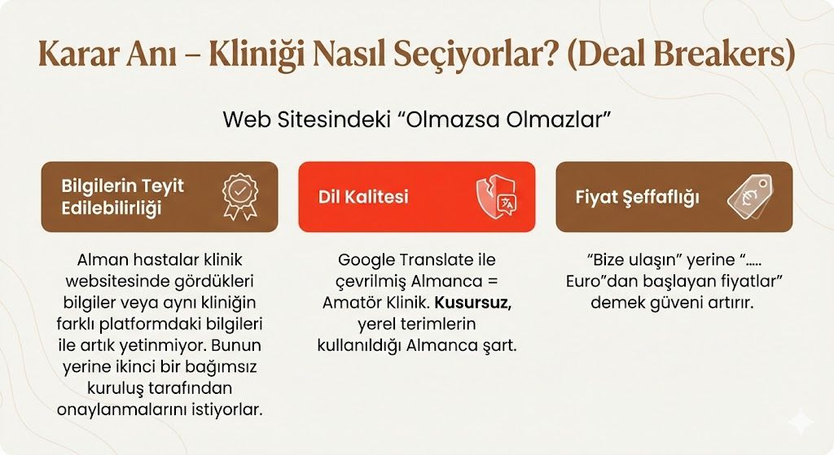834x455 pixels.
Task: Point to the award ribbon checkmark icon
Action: click(240, 195)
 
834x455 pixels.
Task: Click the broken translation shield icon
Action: click(496, 197)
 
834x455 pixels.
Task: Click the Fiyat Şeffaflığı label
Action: click(638, 197)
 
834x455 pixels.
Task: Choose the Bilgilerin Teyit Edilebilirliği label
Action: click(122, 196)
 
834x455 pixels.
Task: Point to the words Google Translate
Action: click(417, 260)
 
